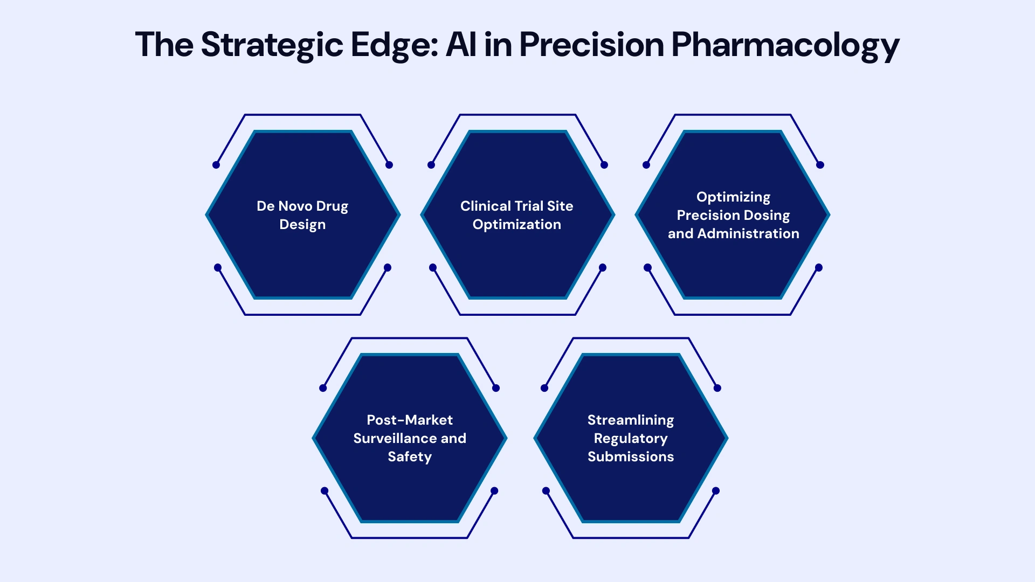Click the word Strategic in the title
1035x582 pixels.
point(272,45)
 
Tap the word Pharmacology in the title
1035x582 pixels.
point(785,45)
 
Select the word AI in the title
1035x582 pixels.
point(461,44)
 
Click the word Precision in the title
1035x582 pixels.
point(591,44)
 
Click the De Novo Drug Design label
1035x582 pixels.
point(302,215)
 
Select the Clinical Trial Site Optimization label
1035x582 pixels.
point(517,215)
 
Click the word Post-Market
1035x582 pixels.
point(410,420)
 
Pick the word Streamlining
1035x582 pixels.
point(631,420)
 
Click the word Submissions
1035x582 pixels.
point(631,456)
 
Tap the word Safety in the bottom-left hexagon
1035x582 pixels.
point(410,457)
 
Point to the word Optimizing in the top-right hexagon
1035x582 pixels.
point(733,197)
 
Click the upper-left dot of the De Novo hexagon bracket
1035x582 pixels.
point(216,165)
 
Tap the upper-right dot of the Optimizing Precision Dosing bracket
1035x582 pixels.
point(820,165)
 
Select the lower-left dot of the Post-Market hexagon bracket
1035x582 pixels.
point(325,490)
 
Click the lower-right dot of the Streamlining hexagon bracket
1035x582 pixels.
point(716,490)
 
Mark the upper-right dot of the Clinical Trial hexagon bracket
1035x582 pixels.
point(604,165)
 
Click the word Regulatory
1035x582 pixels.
point(631,439)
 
